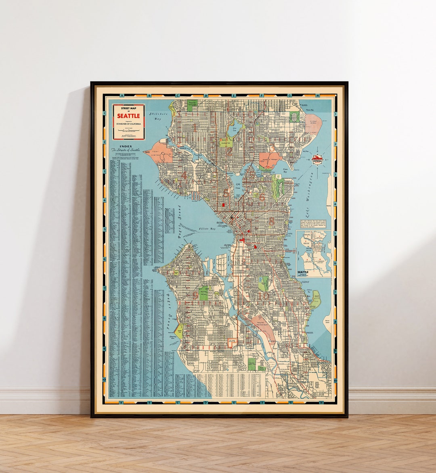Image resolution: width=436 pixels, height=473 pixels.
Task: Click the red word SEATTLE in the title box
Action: [x=128, y=116]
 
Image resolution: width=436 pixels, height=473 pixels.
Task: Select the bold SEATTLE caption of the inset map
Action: [x=306, y=272]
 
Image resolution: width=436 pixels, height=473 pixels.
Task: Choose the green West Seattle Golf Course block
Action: [x=204, y=292]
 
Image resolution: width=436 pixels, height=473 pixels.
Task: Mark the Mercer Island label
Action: [x=327, y=322]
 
